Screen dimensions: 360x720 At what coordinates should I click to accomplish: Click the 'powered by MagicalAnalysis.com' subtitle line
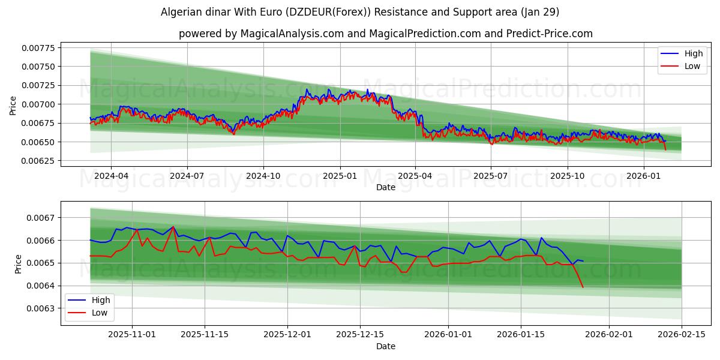tap(385, 34)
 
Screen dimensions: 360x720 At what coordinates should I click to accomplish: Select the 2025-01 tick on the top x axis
tap(340, 176)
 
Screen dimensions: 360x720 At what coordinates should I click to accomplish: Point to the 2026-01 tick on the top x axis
tap(644, 176)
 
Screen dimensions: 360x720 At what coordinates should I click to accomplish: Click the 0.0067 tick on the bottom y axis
tap(43, 218)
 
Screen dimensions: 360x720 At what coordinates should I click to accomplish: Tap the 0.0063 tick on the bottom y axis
tap(43, 308)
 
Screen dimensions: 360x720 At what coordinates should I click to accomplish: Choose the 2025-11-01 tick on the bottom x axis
tap(133, 335)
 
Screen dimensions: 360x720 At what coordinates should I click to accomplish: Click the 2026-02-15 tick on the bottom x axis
tap(682, 335)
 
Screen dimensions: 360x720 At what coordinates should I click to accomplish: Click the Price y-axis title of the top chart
tap(13, 106)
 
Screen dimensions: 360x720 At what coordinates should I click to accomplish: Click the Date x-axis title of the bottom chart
tap(385, 346)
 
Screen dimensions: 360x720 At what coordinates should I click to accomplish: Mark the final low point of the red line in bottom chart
tap(583, 287)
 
